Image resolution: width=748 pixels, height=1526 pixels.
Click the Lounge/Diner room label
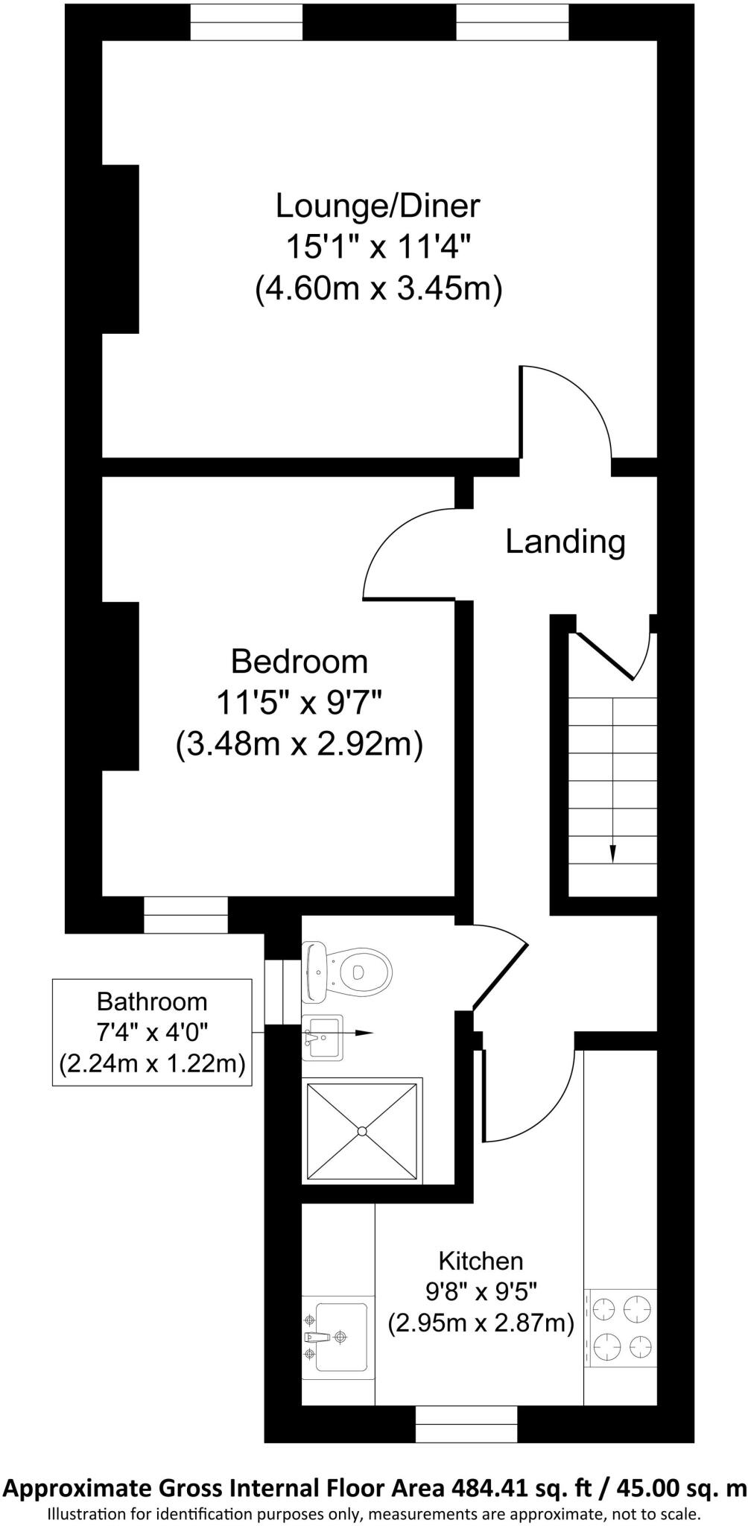[x=378, y=206]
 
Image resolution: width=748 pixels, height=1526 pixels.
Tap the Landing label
[x=565, y=542]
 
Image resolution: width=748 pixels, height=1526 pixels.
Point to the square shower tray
[x=361, y=1130]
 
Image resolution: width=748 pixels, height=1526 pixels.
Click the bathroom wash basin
[x=323, y=1036]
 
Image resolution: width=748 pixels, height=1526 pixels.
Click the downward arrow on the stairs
[x=612, y=849]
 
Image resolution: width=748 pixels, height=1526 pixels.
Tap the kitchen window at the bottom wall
[x=466, y=1424]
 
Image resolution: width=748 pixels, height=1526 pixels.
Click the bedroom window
[x=185, y=914]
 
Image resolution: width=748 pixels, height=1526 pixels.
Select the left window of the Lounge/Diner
[x=247, y=22]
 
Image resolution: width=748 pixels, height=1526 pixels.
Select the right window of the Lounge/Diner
[x=513, y=22]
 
